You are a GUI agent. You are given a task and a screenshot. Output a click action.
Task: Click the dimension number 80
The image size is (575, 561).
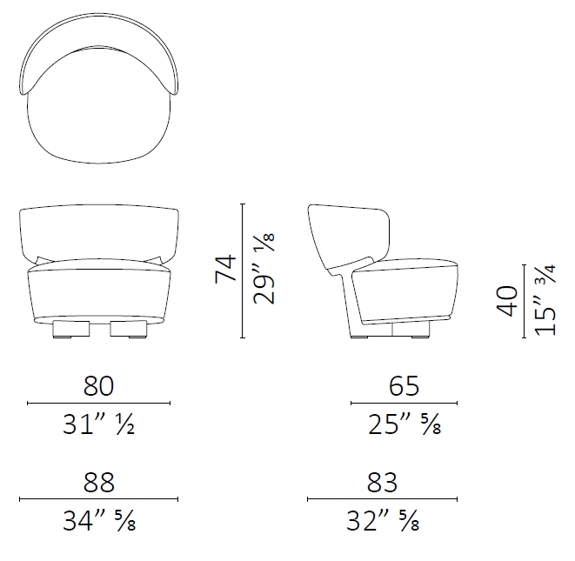(98, 385)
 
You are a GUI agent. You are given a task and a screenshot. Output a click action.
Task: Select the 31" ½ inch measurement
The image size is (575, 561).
(98, 424)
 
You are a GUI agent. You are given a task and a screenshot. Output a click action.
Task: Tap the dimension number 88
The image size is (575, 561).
(98, 482)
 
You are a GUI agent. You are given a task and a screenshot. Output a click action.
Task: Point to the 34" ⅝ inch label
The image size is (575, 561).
(99, 521)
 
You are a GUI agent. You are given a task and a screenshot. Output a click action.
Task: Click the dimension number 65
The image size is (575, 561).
(404, 385)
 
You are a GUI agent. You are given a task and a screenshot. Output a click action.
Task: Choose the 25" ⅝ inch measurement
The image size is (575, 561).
(405, 424)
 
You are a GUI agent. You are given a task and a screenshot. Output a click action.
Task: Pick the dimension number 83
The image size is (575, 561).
(382, 482)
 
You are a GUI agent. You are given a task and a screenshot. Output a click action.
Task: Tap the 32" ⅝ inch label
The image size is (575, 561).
(383, 521)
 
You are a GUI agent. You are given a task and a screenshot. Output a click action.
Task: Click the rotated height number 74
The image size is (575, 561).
(225, 269)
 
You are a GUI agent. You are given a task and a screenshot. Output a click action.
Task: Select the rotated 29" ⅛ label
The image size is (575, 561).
(264, 269)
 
